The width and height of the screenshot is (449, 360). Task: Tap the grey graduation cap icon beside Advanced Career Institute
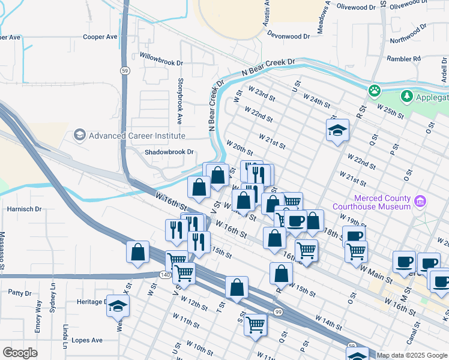click(79, 135)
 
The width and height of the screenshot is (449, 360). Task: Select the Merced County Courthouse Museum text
click(382, 202)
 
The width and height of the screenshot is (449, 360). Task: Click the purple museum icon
click(421, 201)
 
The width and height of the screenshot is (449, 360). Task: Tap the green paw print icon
click(375, 91)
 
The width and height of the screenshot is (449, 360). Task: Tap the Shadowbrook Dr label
click(170, 152)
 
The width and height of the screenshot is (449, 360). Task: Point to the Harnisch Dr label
click(24, 209)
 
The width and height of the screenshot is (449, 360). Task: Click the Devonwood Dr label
click(289, 37)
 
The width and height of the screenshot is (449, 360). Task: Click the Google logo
click(20, 353)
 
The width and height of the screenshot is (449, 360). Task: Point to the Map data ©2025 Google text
click(412, 355)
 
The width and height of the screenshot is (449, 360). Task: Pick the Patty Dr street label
click(19, 293)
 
